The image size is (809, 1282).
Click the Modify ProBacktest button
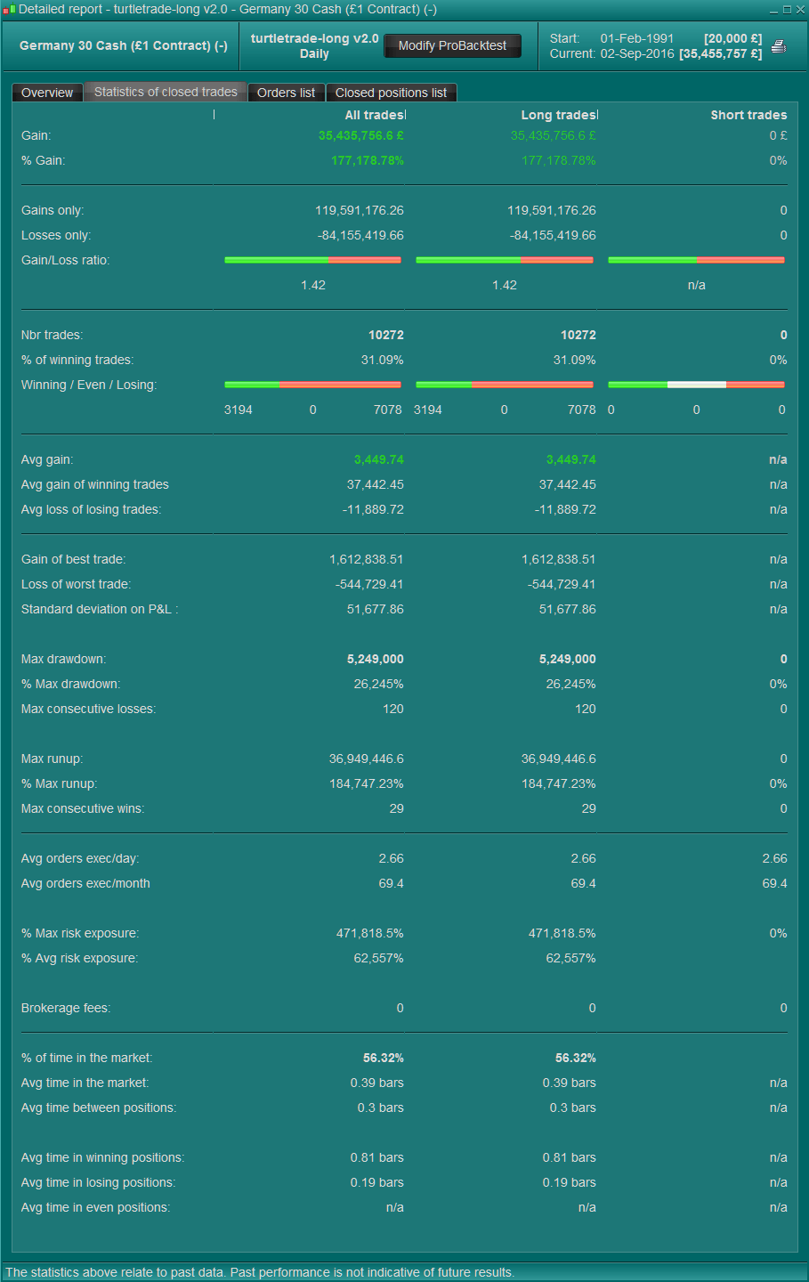click(x=452, y=45)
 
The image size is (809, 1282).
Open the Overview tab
click(x=47, y=93)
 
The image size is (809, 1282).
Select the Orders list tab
click(x=286, y=93)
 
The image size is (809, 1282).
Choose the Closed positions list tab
click(x=391, y=93)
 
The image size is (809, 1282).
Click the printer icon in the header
click(x=779, y=46)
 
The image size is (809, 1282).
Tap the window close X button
click(x=800, y=10)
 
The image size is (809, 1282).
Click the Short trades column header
click(x=748, y=115)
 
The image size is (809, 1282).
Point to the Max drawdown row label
click(x=63, y=659)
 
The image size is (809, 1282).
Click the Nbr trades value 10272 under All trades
click(x=386, y=335)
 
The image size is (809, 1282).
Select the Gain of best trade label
click(x=73, y=559)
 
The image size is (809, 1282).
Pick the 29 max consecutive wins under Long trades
click(x=588, y=808)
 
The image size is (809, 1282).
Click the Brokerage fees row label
click(x=66, y=1008)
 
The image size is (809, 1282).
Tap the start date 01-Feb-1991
click(x=637, y=38)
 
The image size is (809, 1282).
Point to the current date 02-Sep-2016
click(x=637, y=53)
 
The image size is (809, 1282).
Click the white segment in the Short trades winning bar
click(x=697, y=385)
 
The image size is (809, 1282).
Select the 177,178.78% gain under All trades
click(x=368, y=160)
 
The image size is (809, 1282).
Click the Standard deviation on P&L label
click(x=100, y=609)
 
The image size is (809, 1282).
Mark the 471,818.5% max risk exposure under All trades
click(x=369, y=933)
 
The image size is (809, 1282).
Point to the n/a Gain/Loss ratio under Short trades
click(x=697, y=285)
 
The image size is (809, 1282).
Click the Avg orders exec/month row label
click(x=85, y=883)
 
